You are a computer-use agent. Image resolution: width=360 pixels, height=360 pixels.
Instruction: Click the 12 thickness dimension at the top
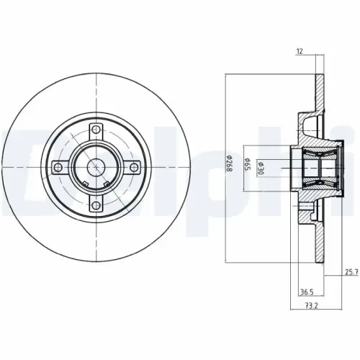(300, 51)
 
